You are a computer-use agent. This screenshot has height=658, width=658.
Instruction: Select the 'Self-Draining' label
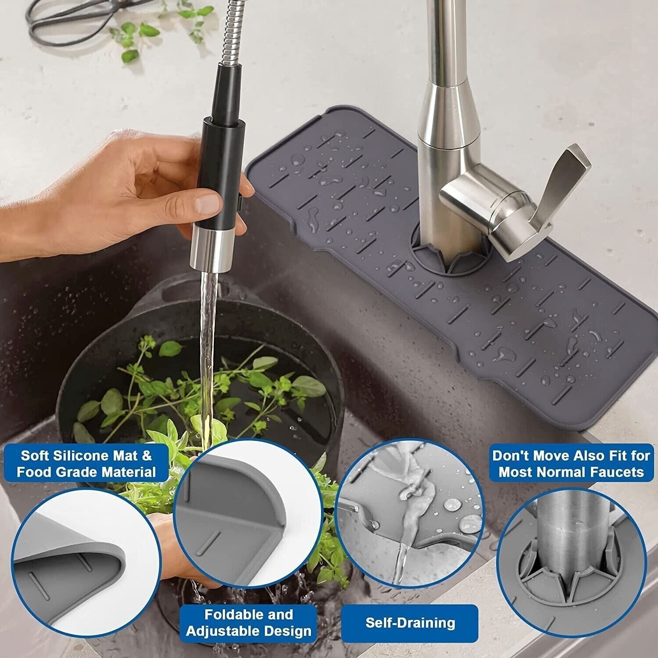[x=410, y=622]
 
